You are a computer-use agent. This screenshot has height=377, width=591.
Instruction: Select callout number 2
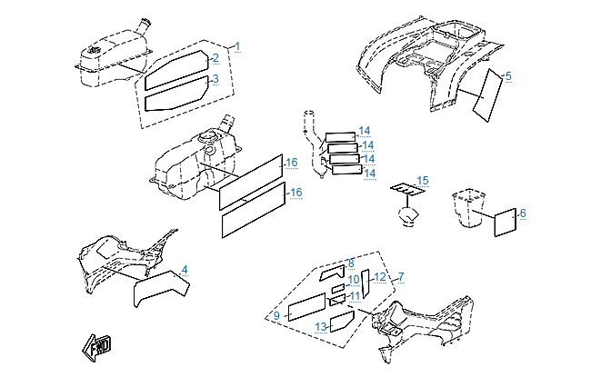[x=215, y=59]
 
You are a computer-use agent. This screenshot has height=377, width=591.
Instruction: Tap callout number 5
[x=508, y=75]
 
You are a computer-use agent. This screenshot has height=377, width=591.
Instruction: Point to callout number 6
[x=523, y=213]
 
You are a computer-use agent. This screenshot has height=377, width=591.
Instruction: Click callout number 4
[x=185, y=270]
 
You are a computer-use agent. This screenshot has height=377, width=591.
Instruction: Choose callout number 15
[x=422, y=181]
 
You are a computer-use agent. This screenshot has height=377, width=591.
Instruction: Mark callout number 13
[x=321, y=326]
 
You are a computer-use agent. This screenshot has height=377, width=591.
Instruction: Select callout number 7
[x=401, y=275]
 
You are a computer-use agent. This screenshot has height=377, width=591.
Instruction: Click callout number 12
[x=381, y=277]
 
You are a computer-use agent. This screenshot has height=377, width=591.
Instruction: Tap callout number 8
[x=351, y=263]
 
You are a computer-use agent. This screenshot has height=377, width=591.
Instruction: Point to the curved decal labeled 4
[x=160, y=288]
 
